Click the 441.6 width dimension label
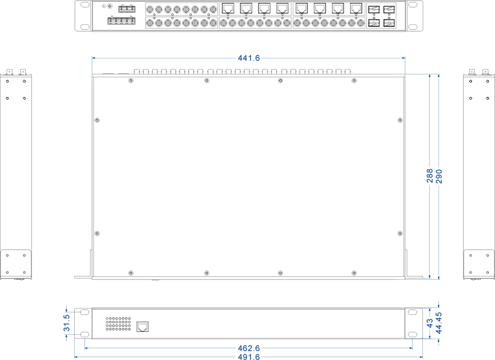click(x=248, y=58)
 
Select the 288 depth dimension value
click(x=430, y=176)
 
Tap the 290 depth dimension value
click(x=439, y=176)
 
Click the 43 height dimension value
click(x=430, y=322)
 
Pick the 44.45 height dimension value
click(x=439, y=321)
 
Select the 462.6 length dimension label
click(x=248, y=348)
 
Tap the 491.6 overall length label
click(x=248, y=357)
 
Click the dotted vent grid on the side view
click(x=118, y=324)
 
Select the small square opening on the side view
click(x=143, y=326)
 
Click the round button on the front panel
click(x=109, y=6)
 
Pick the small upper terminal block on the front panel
click(x=127, y=8)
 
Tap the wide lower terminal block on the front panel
click(x=121, y=21)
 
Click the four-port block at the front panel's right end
click(x=381, y=15)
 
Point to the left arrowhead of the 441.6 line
click(x=94, y=58)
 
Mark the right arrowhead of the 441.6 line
click(x=403, y=58)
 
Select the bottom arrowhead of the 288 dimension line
click(x=430, y=277)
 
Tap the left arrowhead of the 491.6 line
click(x=76, y=357)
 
